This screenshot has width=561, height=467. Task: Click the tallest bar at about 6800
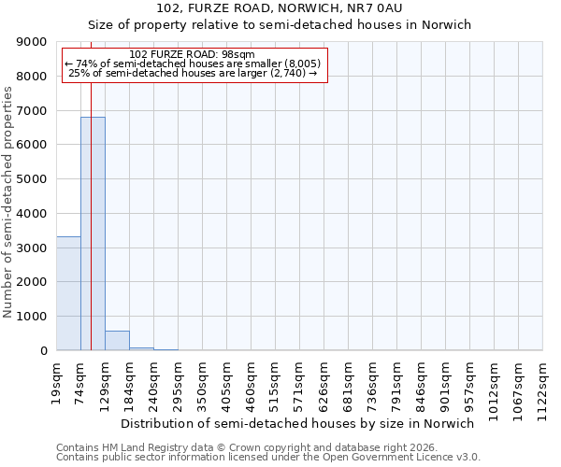coord(93,233)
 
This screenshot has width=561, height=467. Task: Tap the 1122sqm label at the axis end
coord(543,384)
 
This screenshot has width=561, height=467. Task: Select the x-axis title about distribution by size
coord(298,423)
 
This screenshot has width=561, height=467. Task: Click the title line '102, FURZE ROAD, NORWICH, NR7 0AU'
coord(280,9)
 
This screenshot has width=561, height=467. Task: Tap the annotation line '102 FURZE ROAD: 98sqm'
coord(192,55)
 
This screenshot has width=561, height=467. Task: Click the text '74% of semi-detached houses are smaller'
coord(194,64)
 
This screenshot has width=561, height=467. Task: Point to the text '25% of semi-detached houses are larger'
coord(194,73)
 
